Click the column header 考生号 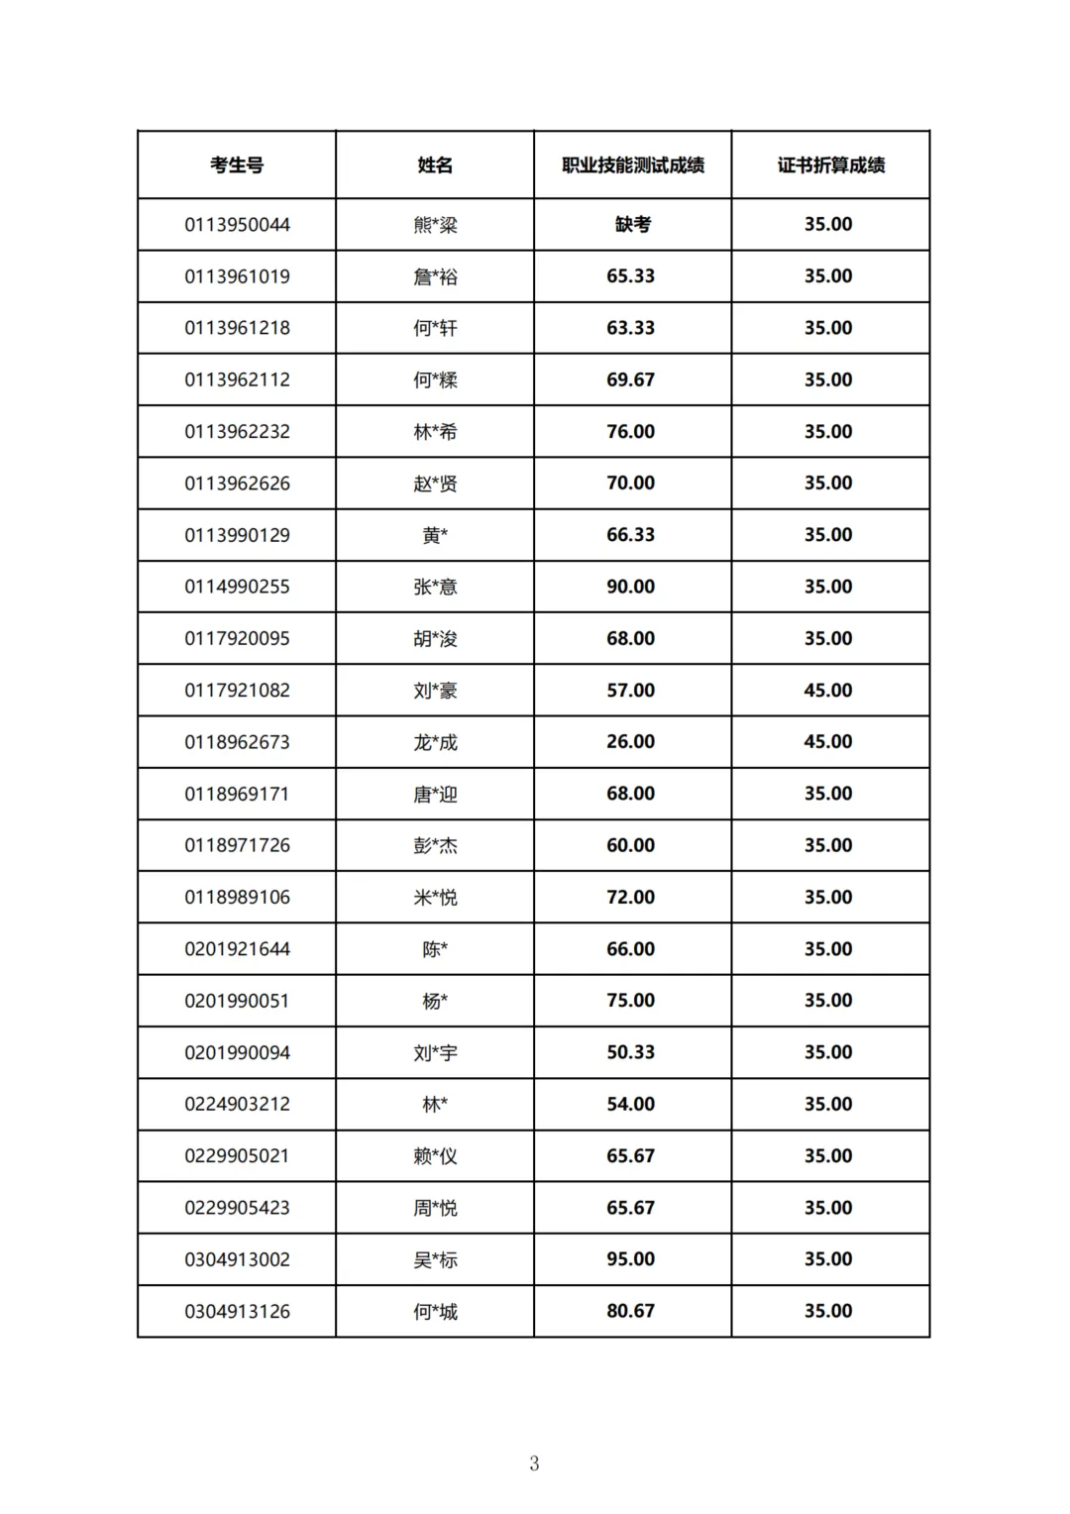point(237,165)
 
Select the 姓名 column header point(435,165)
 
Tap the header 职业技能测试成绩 point(633,165)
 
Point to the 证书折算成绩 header point(830,165)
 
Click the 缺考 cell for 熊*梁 point(633,225)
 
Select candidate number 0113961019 point(237,276)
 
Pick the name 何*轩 point(435,328)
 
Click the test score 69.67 point(631,379)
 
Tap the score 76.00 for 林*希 point(631,431)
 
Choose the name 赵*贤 point(435,484)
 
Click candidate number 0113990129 point(237,535)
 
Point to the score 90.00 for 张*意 point(631,587)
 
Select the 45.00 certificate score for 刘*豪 point(828,690)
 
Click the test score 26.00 point(631,741)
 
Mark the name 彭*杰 point(435,845)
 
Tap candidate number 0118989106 point(237,897)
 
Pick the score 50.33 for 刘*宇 point(631,1052)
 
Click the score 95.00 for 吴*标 point(631,1258)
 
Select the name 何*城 point(435,1311)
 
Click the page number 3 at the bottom point(534,1462)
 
